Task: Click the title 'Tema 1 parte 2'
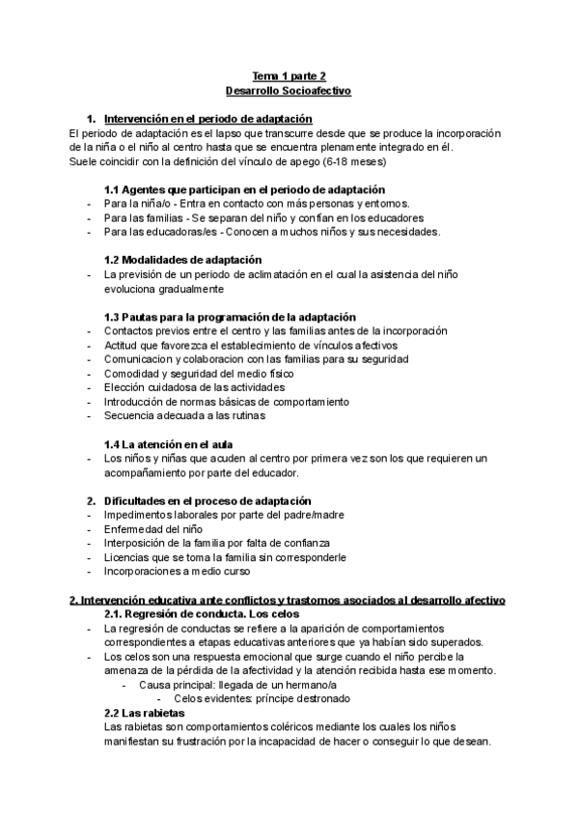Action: [x=289, y=75]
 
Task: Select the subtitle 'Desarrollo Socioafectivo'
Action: [x=289, y=90]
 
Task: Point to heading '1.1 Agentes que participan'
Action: [x=244, y=190]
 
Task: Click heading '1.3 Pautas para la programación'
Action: [x=230, y=318]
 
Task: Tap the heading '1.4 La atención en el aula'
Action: [x=167, y=444]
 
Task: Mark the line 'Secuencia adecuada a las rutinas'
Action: [x=183, y=415]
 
